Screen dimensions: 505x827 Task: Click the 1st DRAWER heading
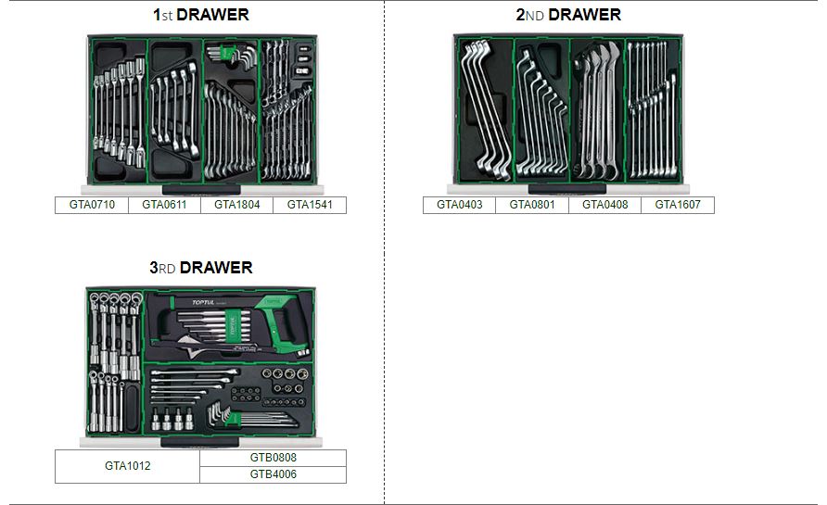pyautogui.click(x=200, y=15)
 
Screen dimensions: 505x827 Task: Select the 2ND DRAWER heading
pyautogui.click(x=568, y=15)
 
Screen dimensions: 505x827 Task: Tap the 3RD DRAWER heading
pyautogui.click(x=200, y=268)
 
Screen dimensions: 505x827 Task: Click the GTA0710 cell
pyautogui.click(x=92, y=205)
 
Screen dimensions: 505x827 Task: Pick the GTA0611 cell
pyautogui.click(x=164, y=205)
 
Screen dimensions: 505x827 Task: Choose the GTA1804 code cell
pyautogui.click(x=236, y=205)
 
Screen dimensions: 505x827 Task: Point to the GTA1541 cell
pyautogui.click(x=310, y=205)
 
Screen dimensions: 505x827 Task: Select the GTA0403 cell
pyautogui.click(x=460, y=205)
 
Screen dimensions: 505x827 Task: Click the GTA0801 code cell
pyautogui.click(x=532, y=205)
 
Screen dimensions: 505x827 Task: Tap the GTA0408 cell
pyautogui.click(x=604, y=205)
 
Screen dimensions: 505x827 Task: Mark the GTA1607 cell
pyautogui.click(x=678, y=205)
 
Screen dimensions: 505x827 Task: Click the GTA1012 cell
pyautogui.click(x=127, y=466)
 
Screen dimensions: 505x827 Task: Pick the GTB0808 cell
pyautogui.click(x=273, y=458)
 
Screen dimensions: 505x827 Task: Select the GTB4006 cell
pyautogui.click(x=273, y=474)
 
